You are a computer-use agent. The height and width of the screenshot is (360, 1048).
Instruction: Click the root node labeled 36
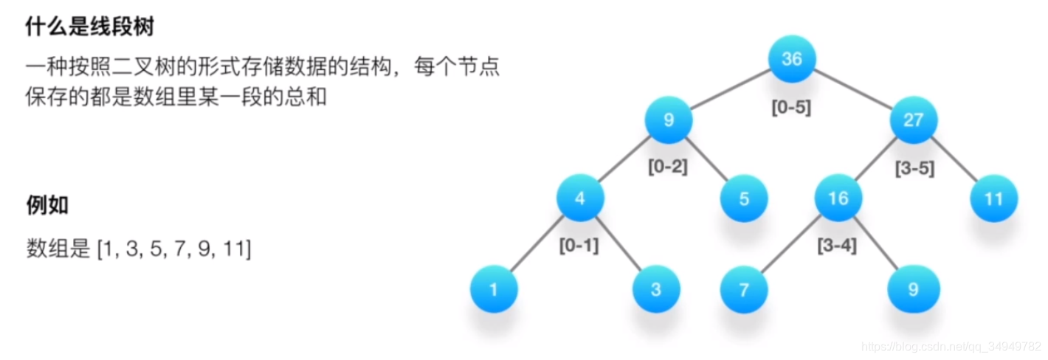[x=791, y=59]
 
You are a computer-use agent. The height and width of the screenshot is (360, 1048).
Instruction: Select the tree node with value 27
[x=913, y=120]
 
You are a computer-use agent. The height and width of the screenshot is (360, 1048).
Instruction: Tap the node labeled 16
[x=838, y=198]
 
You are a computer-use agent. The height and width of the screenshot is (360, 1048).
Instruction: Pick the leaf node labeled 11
[x=993, y=198]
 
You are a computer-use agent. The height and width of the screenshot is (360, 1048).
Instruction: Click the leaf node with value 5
[x=744, y=198]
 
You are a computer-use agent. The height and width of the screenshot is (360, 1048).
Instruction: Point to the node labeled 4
[x=580, y=198]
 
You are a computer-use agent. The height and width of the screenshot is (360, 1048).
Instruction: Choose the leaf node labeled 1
[x=493, y=289]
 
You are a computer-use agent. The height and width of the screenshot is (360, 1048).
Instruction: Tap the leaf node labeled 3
[x=655, y=289]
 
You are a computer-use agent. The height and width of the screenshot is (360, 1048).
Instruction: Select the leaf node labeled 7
[x=744, y=289]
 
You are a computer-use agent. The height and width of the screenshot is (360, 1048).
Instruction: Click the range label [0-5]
[x=791, y=108]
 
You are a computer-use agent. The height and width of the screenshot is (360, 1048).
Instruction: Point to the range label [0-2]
[x=668, y=167]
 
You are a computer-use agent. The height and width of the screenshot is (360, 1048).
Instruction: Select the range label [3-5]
[x=914, y=168]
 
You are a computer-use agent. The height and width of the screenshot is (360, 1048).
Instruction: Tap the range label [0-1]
[x=579, y=246]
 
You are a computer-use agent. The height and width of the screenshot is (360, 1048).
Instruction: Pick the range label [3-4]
[x=837, y=246]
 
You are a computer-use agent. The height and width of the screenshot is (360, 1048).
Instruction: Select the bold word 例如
[x=47, y=204]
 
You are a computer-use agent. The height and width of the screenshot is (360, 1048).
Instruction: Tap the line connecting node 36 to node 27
[x=852, y=89]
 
